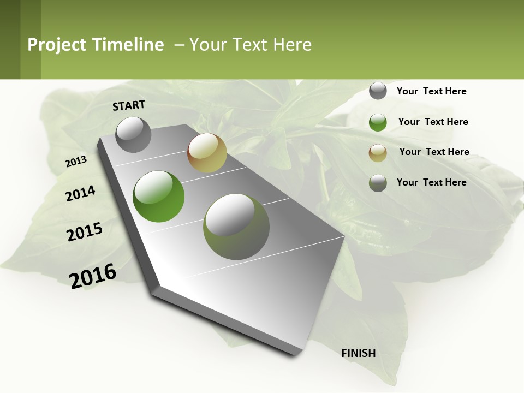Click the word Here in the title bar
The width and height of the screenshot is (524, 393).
point(292,45)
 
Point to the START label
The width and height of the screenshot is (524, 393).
point(129,105)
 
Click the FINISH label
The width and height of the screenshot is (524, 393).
point(359,353)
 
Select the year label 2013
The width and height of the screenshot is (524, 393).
point(76,162)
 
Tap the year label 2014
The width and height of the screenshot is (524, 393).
point(80,194)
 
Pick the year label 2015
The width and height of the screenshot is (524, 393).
point(85,232)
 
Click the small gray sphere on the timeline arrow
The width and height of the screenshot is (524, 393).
point(134,134)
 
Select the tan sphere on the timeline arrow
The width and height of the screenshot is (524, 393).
point(207,153)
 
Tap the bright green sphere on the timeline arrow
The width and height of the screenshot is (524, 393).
point(159,196)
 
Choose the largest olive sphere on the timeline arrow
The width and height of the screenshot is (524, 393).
point(236,227)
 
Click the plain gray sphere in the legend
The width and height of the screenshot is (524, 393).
point(378,91)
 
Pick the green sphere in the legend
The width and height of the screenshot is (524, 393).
point(378,122)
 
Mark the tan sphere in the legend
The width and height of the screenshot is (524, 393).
point(378,153)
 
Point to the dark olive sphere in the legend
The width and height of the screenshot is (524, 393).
point(378,183)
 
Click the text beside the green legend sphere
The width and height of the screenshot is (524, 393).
point(433,122)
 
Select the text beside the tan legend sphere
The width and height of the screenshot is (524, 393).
point(434,152)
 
